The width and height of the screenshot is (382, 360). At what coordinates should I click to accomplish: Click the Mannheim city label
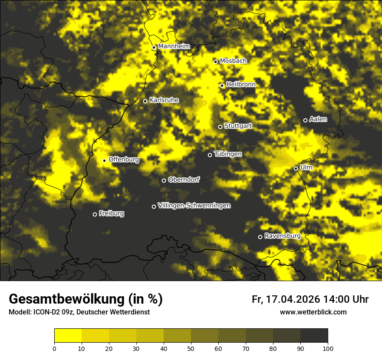tap(174, 46)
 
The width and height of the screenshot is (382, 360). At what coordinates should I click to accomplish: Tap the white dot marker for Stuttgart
tap(220, 127)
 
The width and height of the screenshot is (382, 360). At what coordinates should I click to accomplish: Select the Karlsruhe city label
tap(164, 100)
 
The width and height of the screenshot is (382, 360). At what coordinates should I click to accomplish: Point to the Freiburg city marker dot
tap(95, 214)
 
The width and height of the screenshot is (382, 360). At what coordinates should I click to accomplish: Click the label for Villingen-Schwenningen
tap(194, 206)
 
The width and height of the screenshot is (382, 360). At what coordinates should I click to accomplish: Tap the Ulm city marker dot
tap(296, 168)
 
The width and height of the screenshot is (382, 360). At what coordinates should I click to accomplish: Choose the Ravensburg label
tap(282, 236)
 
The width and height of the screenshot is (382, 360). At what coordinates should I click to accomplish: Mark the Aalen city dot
tap(305, 120)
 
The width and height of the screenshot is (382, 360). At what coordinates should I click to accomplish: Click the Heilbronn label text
tap(241, 85)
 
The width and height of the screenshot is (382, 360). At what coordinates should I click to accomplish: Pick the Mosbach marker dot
tap(215, 62)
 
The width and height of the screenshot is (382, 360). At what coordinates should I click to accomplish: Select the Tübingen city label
tap(228, 154)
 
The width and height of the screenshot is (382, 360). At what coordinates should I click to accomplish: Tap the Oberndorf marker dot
tap(164, 180)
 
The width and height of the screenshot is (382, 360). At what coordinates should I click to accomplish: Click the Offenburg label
tap(124, 160)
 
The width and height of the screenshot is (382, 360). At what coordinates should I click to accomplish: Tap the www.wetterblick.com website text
tap(313, 312)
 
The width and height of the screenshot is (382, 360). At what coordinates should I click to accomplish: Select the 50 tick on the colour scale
tap(191, 348)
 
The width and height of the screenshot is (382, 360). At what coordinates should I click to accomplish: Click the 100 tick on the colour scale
tap(328, 348)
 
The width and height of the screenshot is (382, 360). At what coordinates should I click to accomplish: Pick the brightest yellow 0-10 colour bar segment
tap(68, 336)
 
